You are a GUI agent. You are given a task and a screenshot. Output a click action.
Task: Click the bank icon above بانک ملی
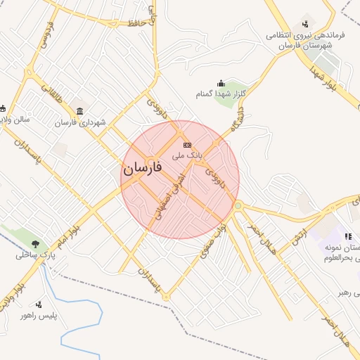(187, 144)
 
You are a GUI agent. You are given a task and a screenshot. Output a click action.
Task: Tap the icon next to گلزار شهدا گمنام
(221, 84)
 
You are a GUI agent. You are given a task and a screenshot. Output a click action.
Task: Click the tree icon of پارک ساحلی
(35, 244)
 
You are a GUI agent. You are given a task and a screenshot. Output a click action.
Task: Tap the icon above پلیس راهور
(39, 304)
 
